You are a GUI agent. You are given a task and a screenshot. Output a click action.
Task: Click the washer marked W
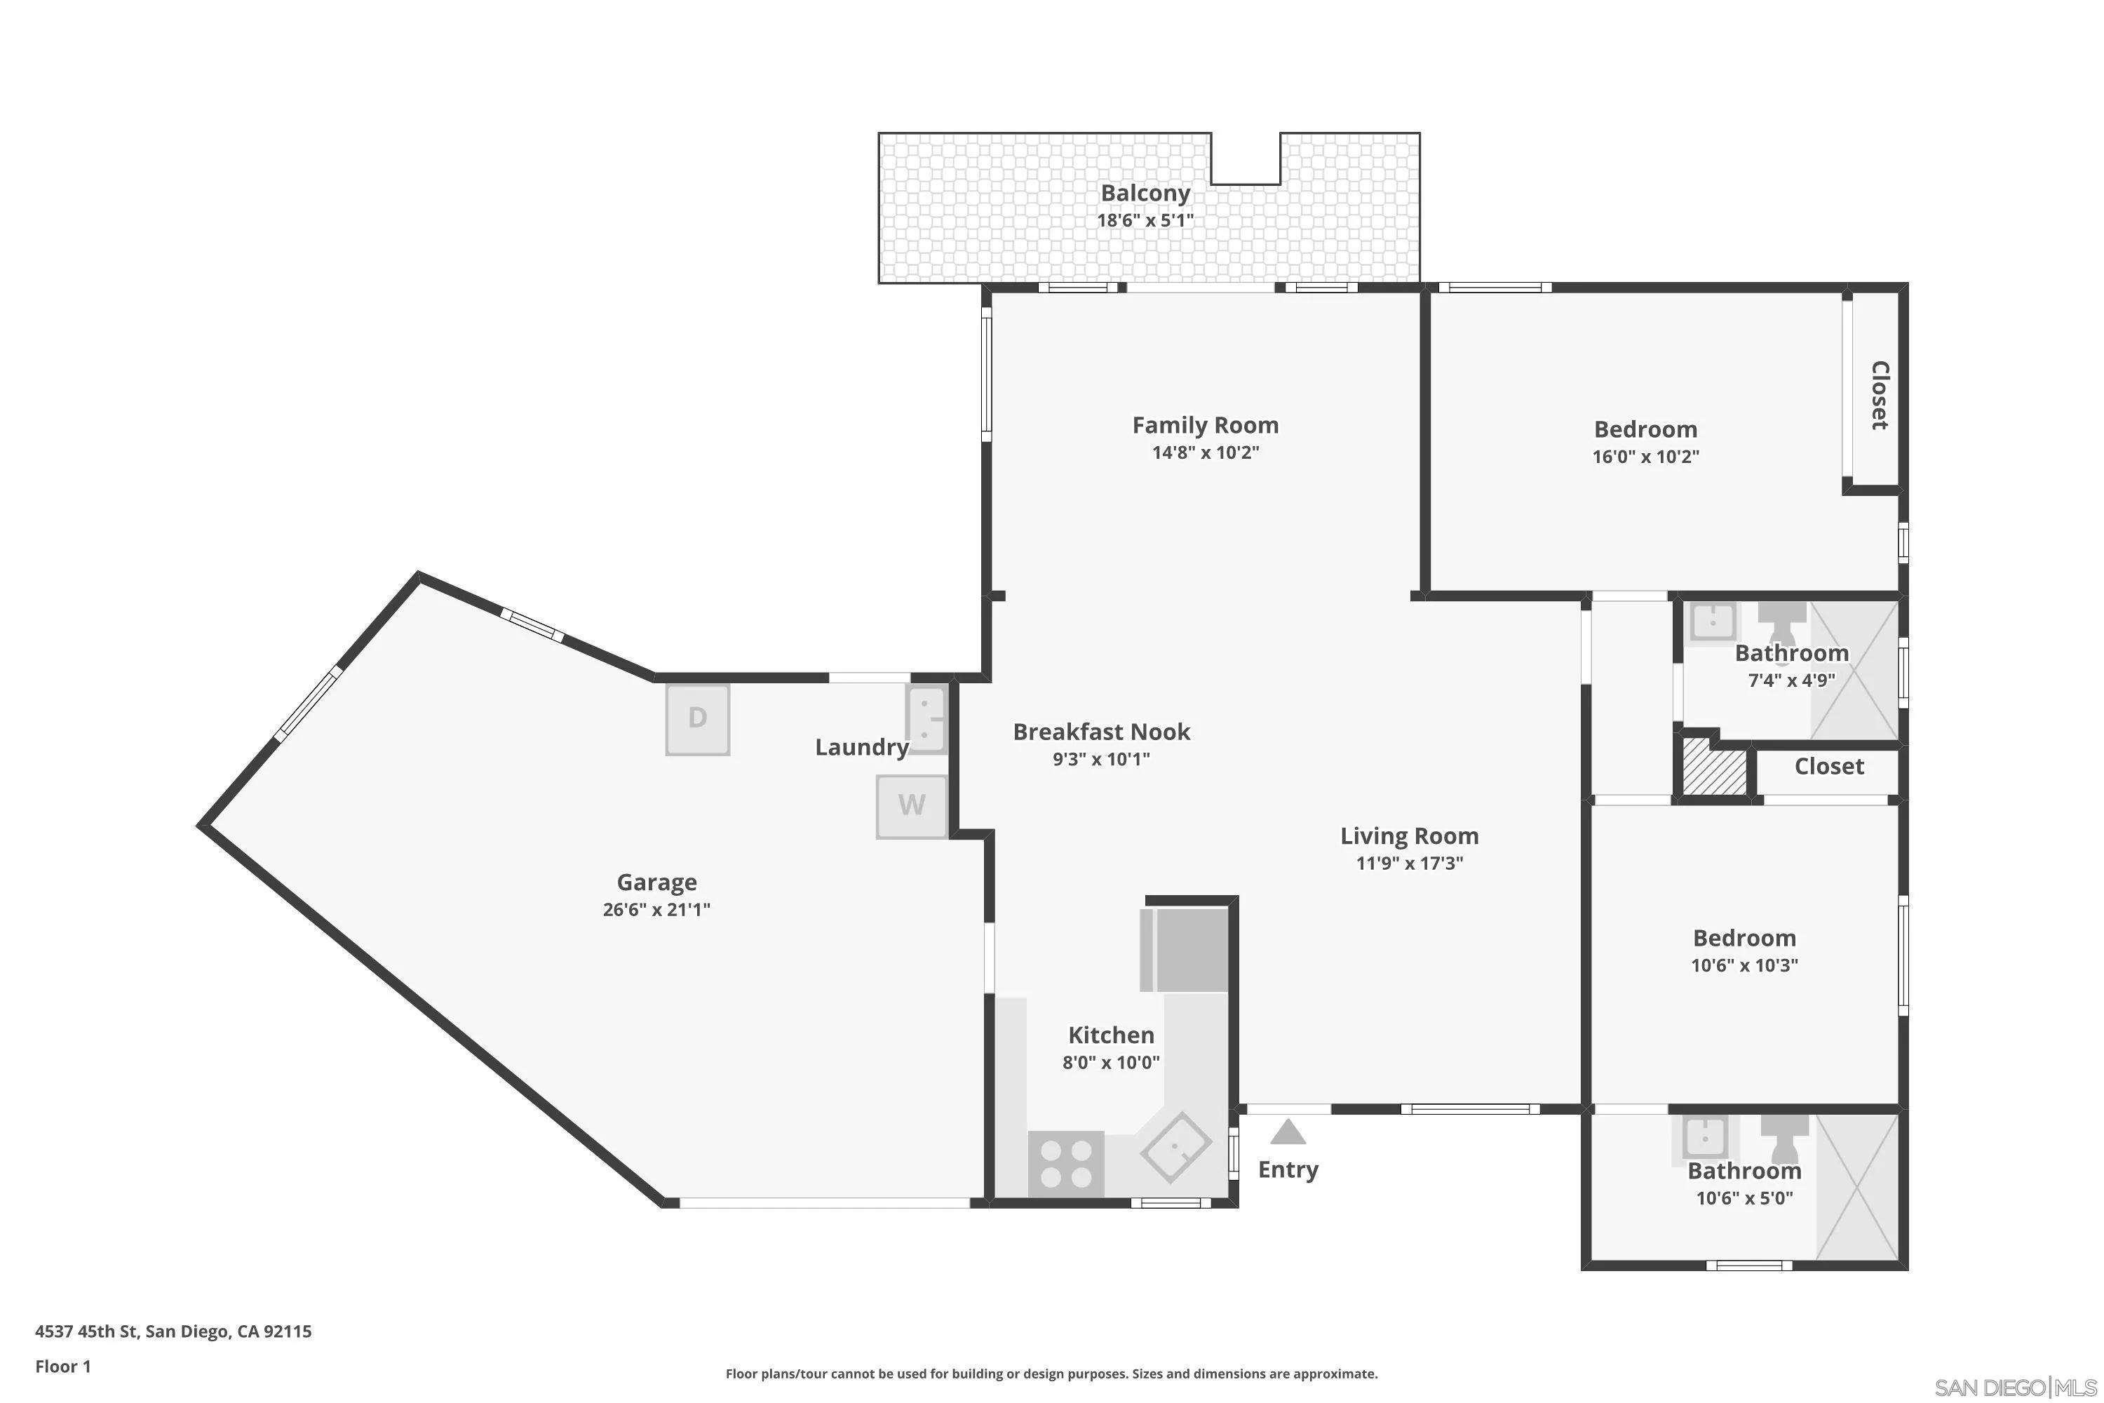pyautogui.click(x=910, y=805)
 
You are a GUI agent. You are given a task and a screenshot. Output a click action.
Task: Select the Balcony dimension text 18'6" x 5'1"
pyautogui.click(x=1145, y=220)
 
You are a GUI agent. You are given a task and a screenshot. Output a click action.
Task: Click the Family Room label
pyautogui.click(x=1205, y=425)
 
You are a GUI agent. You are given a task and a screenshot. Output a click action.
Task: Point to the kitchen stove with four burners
pyautogui.click(x=1065, y=1163)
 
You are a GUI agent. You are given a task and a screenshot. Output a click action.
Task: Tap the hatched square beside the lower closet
pyautogui.click(x=1715, y=767)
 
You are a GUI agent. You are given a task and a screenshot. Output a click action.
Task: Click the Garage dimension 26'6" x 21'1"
pyautogui.click(x=656, y=909)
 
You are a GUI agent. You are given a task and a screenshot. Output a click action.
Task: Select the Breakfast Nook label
pyautogui.click(x=1101, y=732)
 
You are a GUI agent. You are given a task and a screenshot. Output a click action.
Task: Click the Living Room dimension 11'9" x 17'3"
pyautogui.click(x=1409, y=863)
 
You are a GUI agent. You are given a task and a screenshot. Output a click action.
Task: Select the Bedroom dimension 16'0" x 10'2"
pyautogui.click(x=1645, y=457)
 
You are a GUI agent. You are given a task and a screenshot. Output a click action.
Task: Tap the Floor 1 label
pyautogui.click(x=62, y=1367)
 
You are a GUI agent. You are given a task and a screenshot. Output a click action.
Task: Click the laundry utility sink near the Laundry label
pyautogui.click(x=926, y=718)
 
